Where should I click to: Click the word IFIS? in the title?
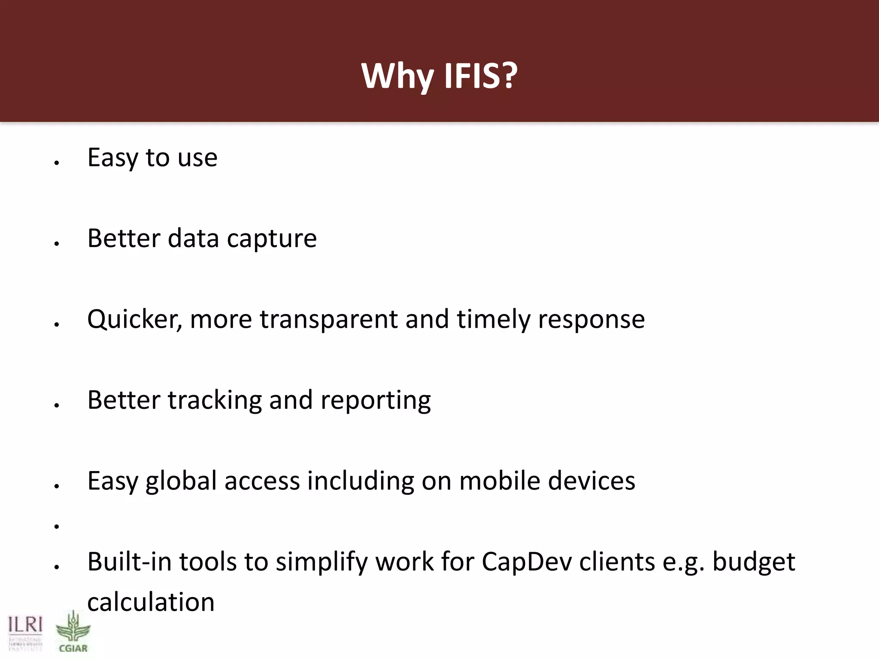point(481,76)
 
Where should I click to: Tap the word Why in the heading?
point(397,76)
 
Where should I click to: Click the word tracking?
point(215,400)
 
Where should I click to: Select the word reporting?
point(376,400)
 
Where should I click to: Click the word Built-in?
point(129,562)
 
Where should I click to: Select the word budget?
point(754,562)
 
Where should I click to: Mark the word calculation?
point(151,602)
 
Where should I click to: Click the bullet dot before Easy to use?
point(56,163)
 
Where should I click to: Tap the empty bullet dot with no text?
point(56,526)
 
